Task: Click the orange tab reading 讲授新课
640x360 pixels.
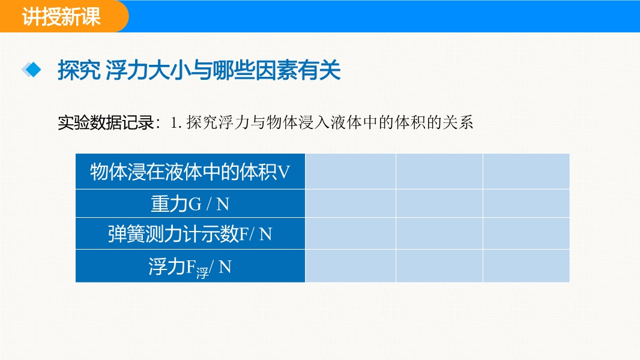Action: point(61,16)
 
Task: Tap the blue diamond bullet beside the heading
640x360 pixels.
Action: point(31,70)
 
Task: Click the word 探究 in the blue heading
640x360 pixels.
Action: point(79,70)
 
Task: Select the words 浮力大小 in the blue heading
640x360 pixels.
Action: point(148,70)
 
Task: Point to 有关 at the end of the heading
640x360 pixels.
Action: point(319,70)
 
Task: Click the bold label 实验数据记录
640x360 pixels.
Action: point(106,123)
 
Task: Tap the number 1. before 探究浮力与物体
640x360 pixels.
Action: point(175,123)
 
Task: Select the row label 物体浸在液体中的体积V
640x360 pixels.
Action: point(190,172)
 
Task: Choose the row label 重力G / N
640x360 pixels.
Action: point(190,203)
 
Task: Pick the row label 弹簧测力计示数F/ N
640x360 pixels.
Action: point(190,233)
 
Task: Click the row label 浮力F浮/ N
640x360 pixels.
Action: point(190,267)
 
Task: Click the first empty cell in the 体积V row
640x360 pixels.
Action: point(350,171)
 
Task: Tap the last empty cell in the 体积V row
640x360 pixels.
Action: point(526,171)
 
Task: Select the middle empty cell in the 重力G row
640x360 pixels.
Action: point(439,203)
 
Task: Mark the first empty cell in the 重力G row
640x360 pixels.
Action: point(350,203)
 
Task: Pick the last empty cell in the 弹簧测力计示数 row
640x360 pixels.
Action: point(526,233)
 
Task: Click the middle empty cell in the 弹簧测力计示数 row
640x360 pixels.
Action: point(439,233)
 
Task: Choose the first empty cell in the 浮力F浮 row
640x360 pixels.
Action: point(350,266)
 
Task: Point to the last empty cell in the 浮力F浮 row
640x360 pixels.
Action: point(526,266)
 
